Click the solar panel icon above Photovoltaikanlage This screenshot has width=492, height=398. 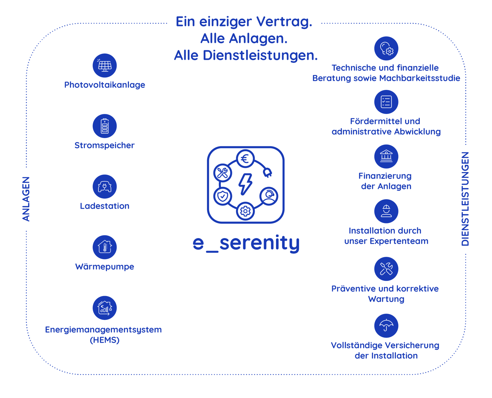pyautogui.click(x=105, y=65)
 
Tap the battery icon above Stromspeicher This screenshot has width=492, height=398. pyautogui.click(x=105, y=126)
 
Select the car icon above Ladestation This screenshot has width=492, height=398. pyautogui.click(x=105, y=186)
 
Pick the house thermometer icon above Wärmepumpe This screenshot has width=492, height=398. pyautogui.click(x=105, y=247)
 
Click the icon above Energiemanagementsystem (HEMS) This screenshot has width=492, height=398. pyautogui.click(x=105, y=308)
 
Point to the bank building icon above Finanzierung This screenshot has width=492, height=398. pyautogui.click(x=386, y=156)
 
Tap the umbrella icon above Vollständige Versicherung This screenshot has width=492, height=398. pyautogui.click(x=386, y=326)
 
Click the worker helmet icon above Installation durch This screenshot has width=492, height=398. pyautogui.click(x=386, y=211)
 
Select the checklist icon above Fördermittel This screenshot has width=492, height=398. pyautogui.click(x=386, y=102)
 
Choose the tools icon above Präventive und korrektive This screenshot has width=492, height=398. pyautogui.click(x=386, y=269)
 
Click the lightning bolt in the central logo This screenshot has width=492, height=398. pyautogui.click(x=245, y=184)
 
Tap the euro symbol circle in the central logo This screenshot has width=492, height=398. pyautogui.click(x=245, y=159)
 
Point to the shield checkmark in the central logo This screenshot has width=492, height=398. pyautogui.click(x=222, y=196)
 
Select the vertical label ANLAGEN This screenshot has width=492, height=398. pyautogui.click(x=26, y=199)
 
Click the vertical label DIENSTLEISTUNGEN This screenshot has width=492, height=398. pyautogui.click(x=465, y=199)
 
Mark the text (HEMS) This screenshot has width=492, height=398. pyautogui.click(x=105, y=340)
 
